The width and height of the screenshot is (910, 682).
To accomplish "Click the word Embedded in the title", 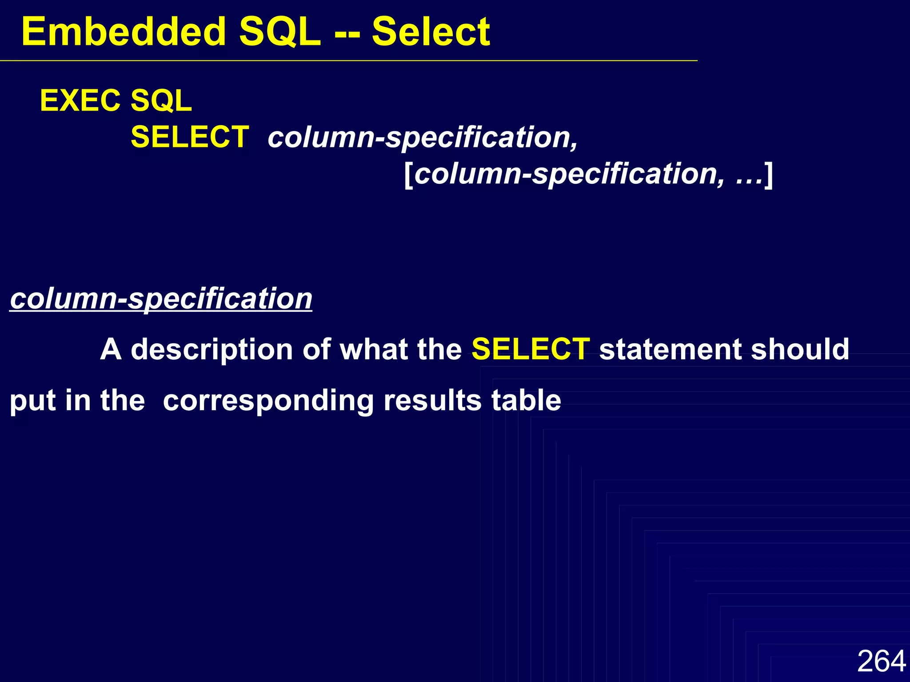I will [x=124, y=32].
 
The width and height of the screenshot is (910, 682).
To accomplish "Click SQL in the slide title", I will [x=279, y=32].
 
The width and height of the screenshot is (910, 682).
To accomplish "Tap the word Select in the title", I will [x=431, y=32].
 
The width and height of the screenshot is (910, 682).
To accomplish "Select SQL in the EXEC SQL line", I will [x=161, y=101].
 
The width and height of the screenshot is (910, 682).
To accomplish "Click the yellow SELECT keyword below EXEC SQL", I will [x=190, y=137].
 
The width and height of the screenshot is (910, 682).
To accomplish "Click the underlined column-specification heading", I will [x=161, y=298].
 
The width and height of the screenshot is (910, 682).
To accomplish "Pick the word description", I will [x=212, y=350].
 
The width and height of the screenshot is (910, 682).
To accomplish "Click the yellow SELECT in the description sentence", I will [x=531, y=349].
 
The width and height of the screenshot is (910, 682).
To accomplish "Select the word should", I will [x=800, y=349].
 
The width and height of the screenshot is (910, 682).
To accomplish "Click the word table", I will [x=526, y=400].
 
